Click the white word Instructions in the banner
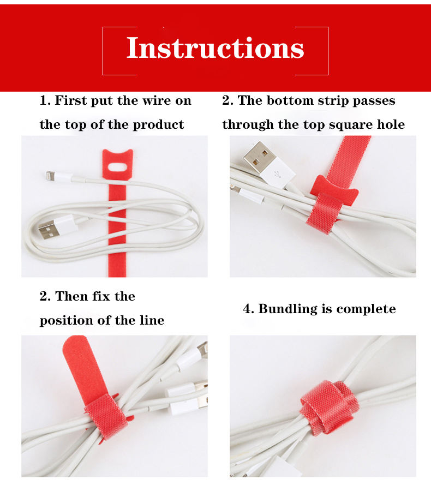pos(215,48)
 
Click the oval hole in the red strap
pos(118,167)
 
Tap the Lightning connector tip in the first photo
pos(49,175)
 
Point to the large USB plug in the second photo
pos(268,164)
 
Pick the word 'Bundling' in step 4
pos(288,309)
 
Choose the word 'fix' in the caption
pos(101,296)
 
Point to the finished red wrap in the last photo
pos(329,408)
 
